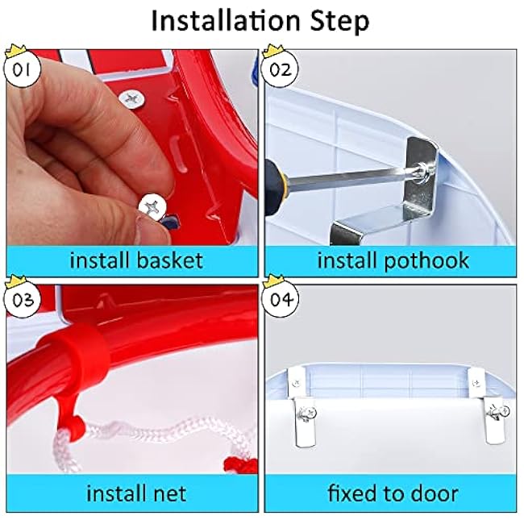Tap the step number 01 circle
pos(22,70)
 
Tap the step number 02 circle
pos(280,70)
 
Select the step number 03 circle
pos(22,300)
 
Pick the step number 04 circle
pos(280,300)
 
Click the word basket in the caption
pos(169,260)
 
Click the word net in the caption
pos(168,494)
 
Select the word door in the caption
pos(434,493)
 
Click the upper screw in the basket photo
pos(132,99)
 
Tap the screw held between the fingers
pos(152,207)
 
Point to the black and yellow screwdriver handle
pos(274,188)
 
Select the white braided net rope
pos(154,435)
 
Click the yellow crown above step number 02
pos(273,52)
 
